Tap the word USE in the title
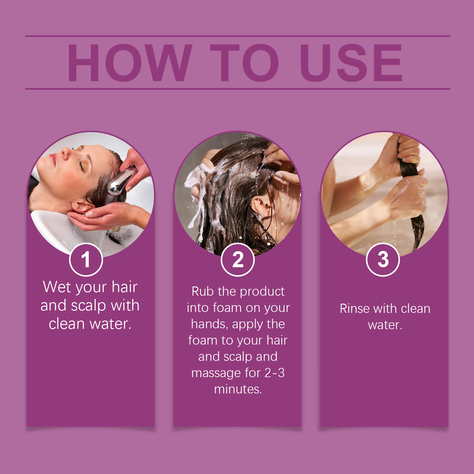tap(351, 63)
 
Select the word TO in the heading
tap(245, 63)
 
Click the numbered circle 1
tap(86, 260)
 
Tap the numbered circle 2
tap(238, 260)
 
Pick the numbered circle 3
tap(383, 260)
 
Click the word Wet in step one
tap(56, 287)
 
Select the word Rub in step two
tap(203, 291)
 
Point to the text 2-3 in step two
tap(274, 373)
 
